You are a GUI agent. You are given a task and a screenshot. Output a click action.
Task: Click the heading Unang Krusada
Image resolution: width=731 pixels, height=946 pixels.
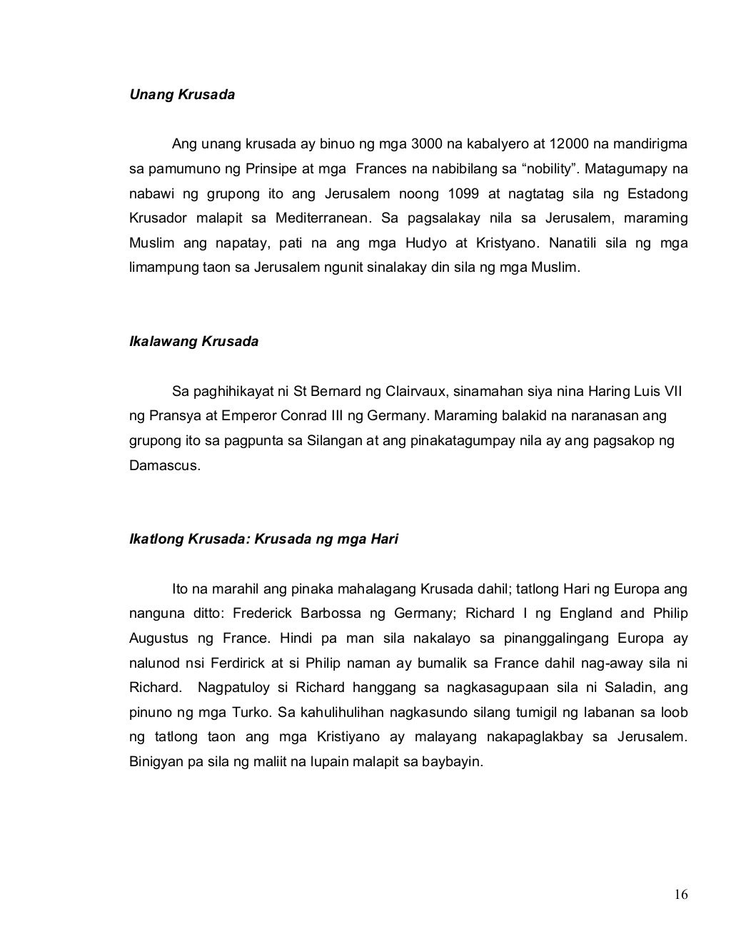(181, 95)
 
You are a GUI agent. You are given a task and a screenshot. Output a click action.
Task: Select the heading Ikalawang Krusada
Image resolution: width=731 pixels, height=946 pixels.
(193, 342)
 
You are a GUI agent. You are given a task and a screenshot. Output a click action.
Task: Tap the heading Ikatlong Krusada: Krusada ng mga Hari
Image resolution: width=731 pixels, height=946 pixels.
(263, 539)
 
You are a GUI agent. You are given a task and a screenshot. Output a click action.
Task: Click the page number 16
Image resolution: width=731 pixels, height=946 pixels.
(680, 895)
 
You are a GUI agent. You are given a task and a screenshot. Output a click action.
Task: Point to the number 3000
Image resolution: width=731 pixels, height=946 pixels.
(427, 145)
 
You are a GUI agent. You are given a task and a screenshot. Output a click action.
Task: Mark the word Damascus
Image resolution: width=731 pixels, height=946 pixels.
(162, 466)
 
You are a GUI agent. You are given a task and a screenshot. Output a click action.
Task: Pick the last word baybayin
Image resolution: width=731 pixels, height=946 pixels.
(455, 762)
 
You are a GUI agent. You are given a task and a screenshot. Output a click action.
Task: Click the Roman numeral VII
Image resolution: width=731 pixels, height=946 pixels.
(673, 392)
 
